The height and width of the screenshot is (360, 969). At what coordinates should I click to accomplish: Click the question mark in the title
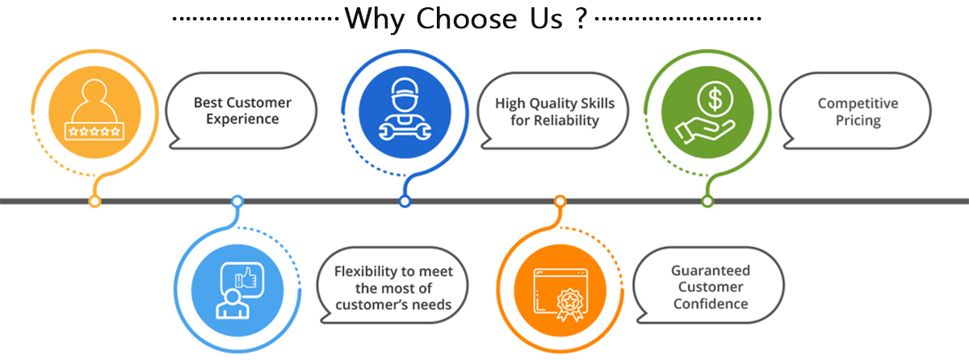581,19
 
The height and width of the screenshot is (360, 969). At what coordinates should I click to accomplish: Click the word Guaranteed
711,270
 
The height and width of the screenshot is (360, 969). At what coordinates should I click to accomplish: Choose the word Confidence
710,303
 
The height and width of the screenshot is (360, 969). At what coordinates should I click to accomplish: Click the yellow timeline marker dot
95,200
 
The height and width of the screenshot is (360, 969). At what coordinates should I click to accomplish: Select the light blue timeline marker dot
237,200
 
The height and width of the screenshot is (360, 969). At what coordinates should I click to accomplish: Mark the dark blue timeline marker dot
405,200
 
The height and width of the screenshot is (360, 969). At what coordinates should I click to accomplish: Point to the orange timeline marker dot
559,200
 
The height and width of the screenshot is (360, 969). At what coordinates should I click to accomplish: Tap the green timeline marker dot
707,200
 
